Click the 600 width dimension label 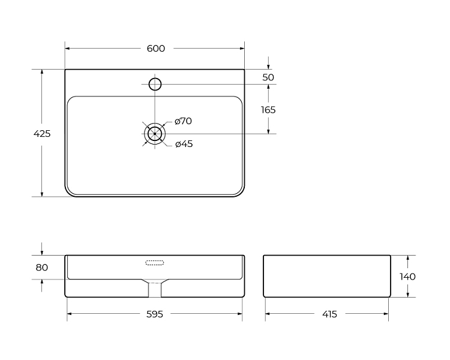coord(156,49)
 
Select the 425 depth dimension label coord(42,133)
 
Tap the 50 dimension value coord(268,77)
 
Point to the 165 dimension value coord(268,110)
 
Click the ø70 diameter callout coord(183,121)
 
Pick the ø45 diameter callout coord(184,143)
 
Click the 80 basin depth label coord(41,268)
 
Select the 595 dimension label coord(155,314)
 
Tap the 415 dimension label coord(329,314)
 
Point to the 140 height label coord(407,277)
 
